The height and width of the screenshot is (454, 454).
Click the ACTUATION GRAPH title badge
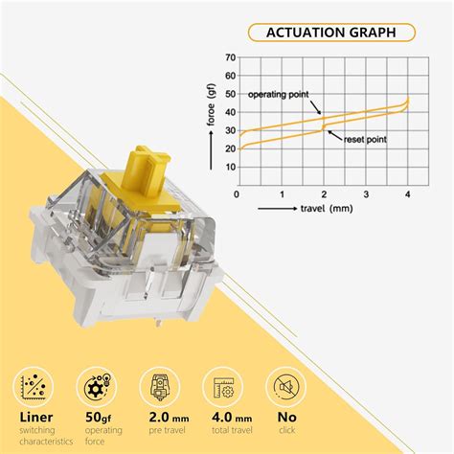(331, 33)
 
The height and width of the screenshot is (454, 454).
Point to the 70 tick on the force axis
(231, 57)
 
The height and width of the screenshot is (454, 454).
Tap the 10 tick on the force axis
(231, 167)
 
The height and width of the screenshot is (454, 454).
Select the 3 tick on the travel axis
(366, 194)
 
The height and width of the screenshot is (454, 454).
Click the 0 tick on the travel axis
(237, 194)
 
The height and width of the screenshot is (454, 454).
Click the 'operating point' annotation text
(279, 95)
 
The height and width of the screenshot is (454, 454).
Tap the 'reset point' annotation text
(365, 140)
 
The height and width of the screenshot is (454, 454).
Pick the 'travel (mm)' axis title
(327, 209)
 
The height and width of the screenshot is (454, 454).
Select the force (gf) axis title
(212, 106)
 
